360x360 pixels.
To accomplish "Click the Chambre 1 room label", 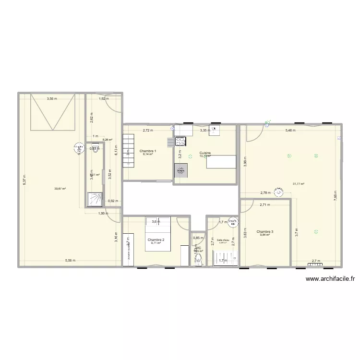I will (x=148, y=151).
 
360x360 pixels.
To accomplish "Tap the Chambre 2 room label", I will (x=156, y=240).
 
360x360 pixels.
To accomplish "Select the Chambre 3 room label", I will (x=264, y=231).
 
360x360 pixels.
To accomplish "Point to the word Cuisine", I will (x=205, y=153).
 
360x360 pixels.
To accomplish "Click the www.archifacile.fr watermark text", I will (x=329, y=278).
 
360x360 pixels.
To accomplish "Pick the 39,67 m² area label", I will (x=60, y=189).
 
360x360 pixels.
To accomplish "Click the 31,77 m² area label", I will (x=299, y=183).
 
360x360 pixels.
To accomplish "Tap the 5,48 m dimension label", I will (x=291, y=130).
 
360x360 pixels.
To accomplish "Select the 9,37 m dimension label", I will (x=24, y=179).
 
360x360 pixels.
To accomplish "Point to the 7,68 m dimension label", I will (x=336, y=196).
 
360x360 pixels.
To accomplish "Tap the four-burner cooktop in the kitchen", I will (x=180, y=141).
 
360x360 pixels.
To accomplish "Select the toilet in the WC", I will (x=198, y=260).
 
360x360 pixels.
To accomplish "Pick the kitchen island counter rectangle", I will (x=221, y=162).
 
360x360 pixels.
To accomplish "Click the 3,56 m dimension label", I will (x=52, y=99).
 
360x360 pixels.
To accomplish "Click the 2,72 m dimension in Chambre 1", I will (x=148, y=130).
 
